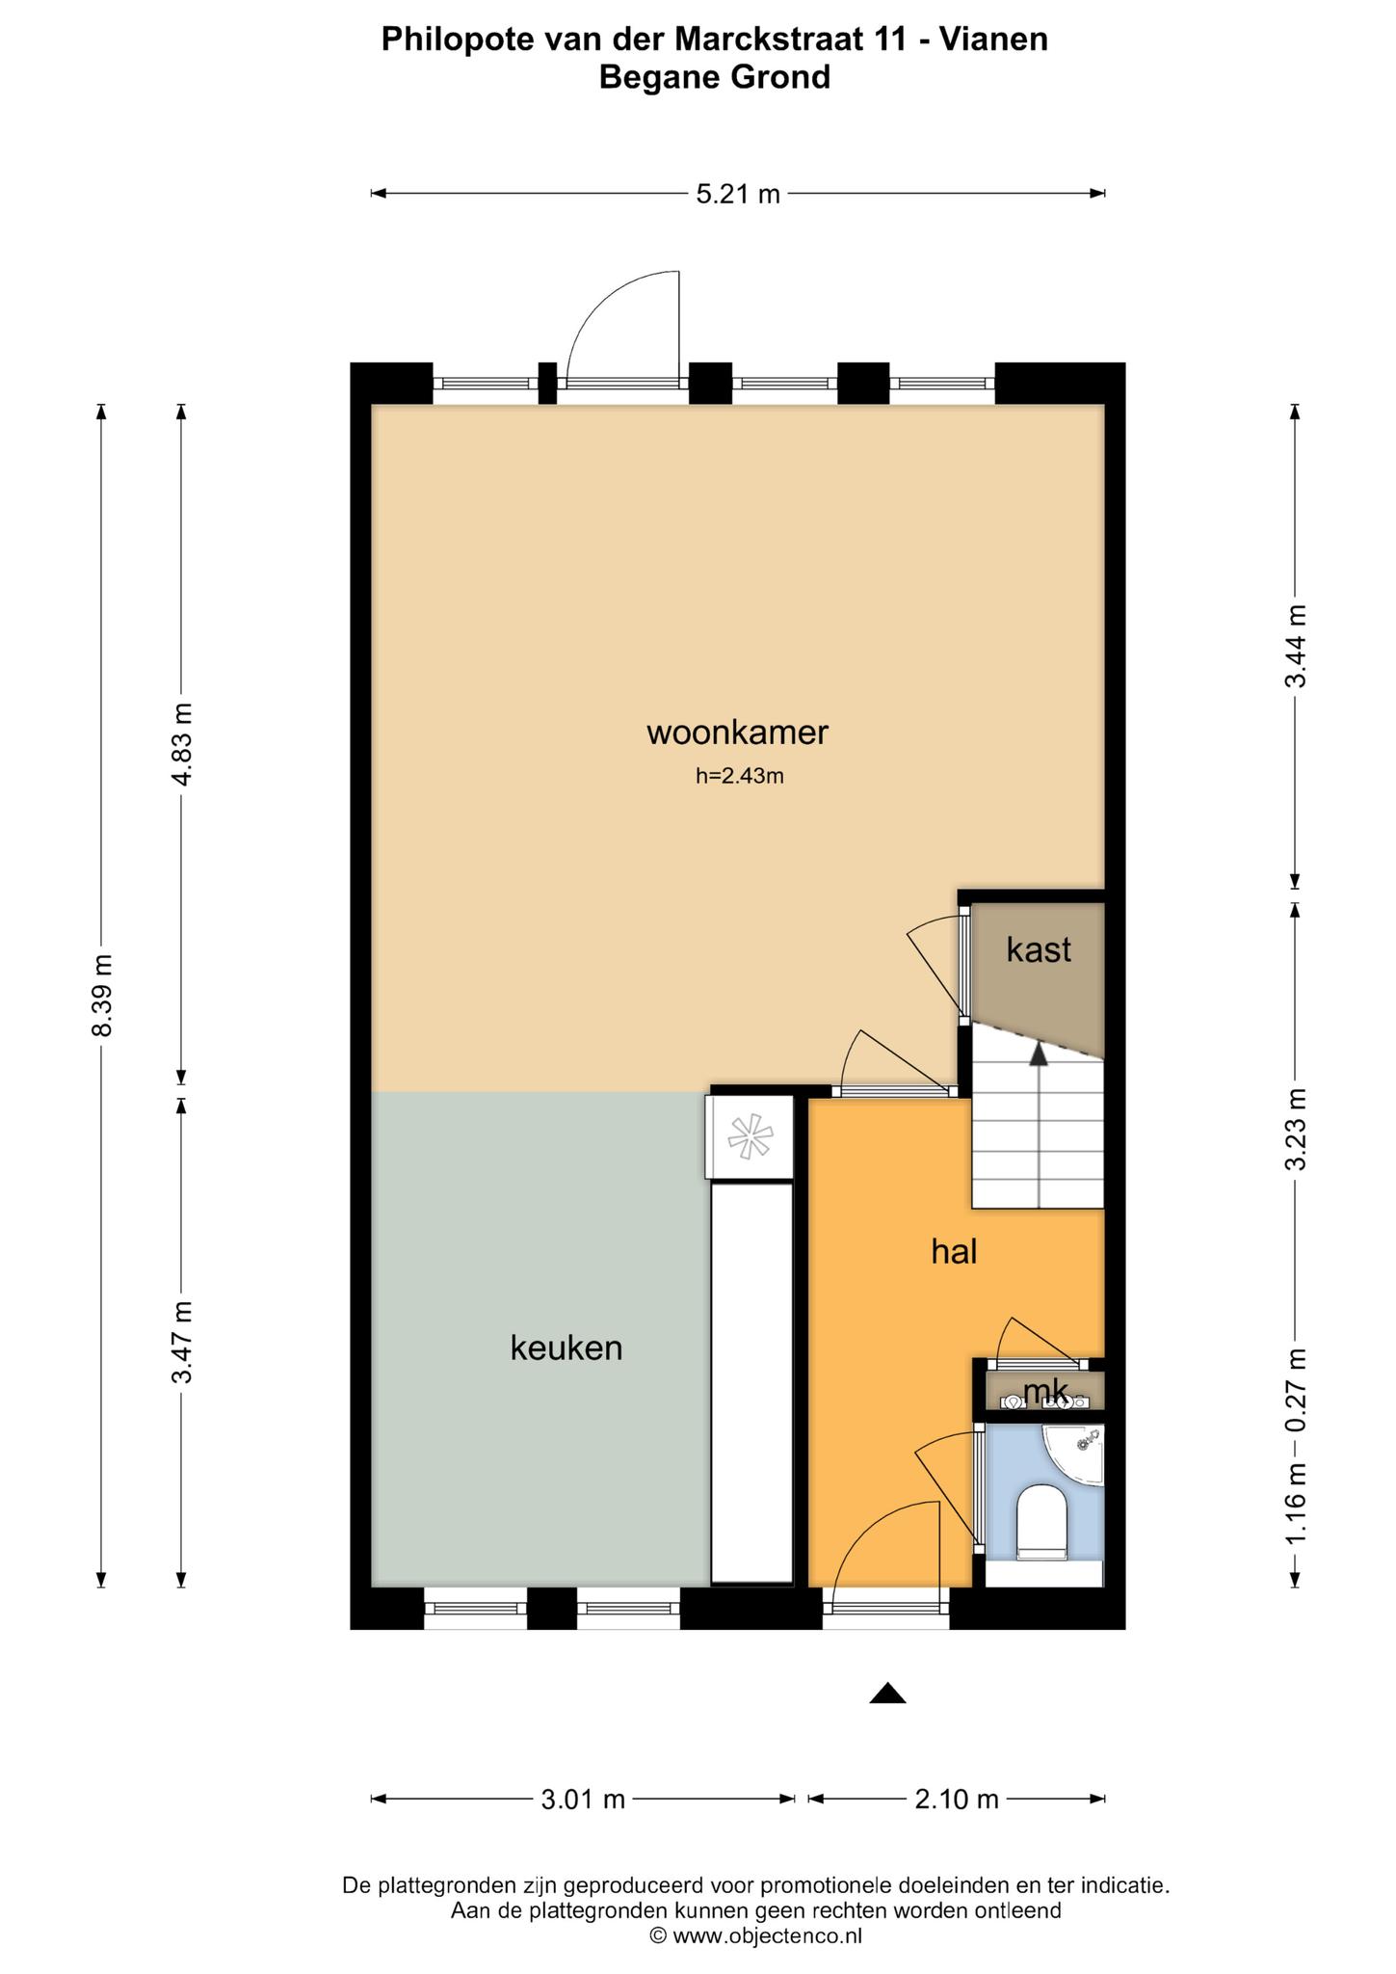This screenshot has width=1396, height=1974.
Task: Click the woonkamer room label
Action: [x=737, y=733]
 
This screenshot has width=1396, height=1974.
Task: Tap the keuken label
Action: [x=566, y=1347]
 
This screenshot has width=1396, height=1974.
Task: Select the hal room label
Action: [x=954, y=1251]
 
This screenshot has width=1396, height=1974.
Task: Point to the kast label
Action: [x=1039, y=949]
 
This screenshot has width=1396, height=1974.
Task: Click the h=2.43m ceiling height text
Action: [x=740, y=776]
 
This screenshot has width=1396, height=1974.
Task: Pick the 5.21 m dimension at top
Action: [x=738, y=194]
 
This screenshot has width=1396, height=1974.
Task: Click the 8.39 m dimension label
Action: [x=101, y=995]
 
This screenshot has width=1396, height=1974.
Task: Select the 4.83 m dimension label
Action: [x=181, y=744]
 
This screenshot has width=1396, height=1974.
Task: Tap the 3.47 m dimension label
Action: [x=181, y=1342]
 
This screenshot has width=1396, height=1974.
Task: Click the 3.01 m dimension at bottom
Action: [x=583, y=1799]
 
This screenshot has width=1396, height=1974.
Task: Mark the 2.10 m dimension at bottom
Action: [x=956, y=1799]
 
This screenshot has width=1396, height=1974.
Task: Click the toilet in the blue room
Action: [x=1041, y=1522]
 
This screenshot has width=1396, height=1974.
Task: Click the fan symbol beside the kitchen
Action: [x=751, y=1136]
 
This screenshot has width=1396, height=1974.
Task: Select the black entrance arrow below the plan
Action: [x=887, y=1694]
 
